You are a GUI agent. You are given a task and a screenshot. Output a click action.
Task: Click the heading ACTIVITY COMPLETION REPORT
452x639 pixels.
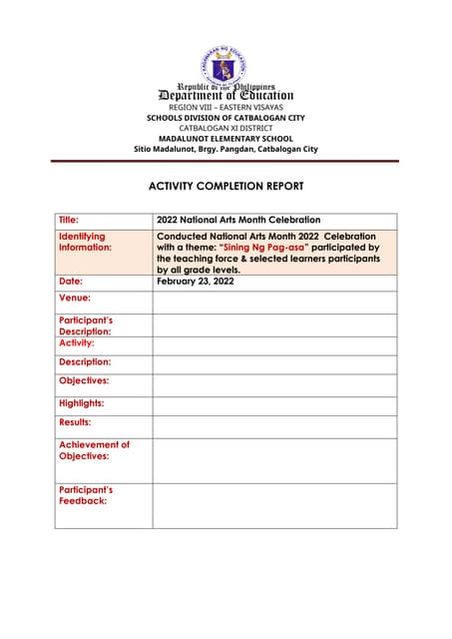226,186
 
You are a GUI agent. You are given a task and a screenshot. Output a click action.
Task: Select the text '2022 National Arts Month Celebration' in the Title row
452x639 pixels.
238,220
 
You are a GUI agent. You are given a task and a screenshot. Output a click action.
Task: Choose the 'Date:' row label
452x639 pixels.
71,282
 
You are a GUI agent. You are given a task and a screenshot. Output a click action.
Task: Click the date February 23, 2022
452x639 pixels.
199,282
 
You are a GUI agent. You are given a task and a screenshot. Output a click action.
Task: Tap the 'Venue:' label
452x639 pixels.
75,298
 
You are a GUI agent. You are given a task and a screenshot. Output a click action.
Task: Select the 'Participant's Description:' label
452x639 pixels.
85,325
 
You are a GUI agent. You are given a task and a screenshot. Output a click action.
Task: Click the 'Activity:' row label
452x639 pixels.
77,342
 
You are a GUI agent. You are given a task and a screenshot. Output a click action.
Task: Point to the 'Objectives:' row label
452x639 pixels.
84,380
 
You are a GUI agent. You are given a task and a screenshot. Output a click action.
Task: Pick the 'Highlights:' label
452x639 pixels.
82,403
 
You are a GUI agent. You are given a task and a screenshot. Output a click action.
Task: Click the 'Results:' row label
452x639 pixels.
75,423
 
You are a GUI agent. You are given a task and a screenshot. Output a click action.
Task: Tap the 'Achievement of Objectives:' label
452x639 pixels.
94,450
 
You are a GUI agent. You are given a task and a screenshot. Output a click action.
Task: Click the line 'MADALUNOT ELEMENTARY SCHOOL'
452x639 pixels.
226,139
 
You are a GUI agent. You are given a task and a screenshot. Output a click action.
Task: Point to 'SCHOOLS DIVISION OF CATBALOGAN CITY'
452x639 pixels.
226,118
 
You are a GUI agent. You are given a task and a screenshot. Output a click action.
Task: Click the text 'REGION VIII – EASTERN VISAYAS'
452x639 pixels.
226,107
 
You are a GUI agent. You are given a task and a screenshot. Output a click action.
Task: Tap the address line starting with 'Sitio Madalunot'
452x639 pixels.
226,150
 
